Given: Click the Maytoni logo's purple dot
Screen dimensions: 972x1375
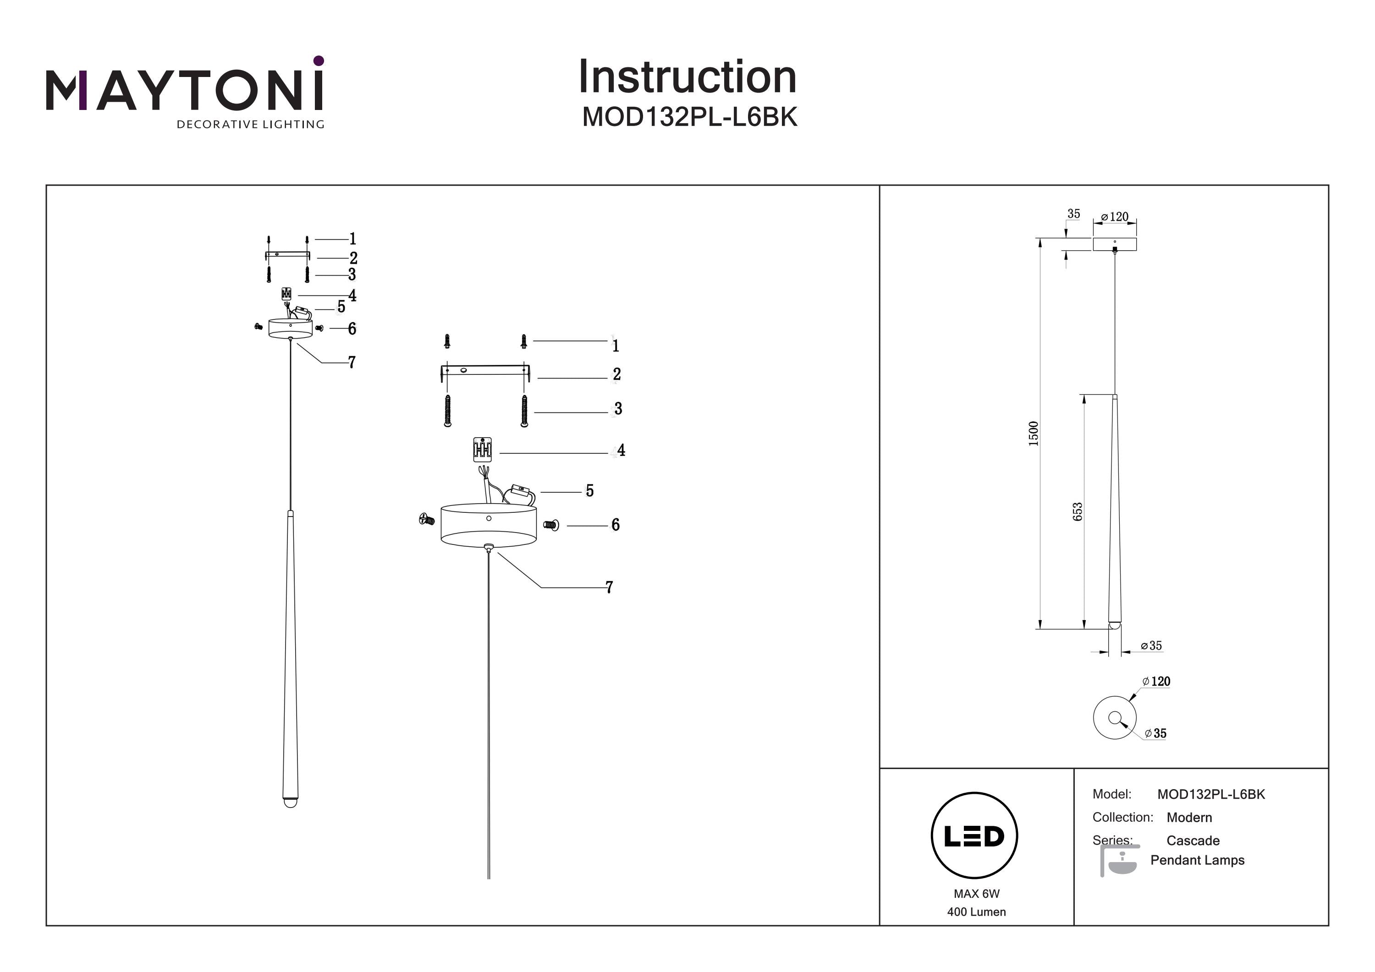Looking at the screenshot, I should (x=319, y=60).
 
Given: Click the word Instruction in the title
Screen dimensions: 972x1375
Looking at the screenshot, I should (x=687, y=77).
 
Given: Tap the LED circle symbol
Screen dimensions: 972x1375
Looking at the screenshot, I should (x=974, y=835).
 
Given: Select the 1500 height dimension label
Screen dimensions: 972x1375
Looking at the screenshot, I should (x=1033, y=434).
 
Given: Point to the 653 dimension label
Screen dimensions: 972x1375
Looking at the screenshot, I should (x=1078, y=511).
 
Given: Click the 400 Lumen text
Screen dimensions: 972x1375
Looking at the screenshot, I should (x=976, y=912).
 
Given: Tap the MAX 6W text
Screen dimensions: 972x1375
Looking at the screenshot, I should (x=976, y=894).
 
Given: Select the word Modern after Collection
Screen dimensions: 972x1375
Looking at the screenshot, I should (x=1189, y=818).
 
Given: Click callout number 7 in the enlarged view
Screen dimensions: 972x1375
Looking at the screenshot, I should (x=609, y=587).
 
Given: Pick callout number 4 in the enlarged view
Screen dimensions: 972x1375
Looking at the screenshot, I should (x=621, y=450).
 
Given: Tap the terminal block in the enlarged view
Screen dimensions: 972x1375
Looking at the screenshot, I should (x=482, y=449).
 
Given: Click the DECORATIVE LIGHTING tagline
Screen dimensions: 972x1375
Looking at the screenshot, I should (x=250, y=125).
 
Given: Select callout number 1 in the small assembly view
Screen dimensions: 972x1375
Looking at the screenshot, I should (x=353, y=239).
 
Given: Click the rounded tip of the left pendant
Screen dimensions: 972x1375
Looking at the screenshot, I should (x=290, y=802).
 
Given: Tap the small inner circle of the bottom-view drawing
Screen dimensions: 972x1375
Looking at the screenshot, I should (x=1114, y=717).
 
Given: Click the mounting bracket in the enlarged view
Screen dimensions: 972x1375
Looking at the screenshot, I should (x=485, y=370).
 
